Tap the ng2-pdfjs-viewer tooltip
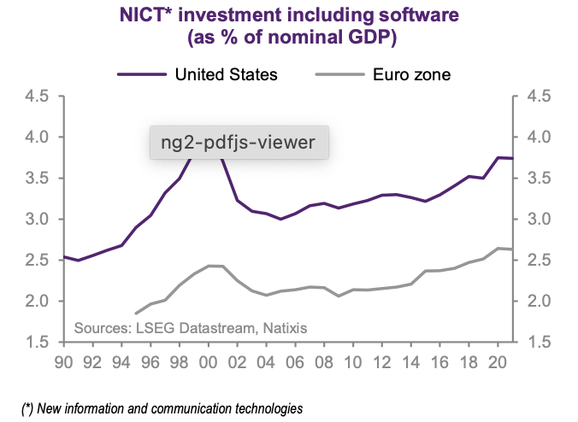coord(239,141)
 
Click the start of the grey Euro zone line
coord(136,314)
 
